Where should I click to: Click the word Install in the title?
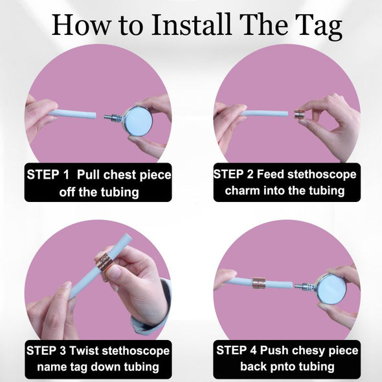click(x=191, y=25)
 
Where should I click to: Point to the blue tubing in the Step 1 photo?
click(x=73, y=115)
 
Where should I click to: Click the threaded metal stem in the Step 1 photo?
click(x=114, y=117)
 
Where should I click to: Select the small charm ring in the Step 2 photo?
click(x=299, y=115)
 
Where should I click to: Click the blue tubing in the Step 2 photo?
click(x=264, y=113)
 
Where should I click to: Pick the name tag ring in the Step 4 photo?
click(x=258, y=283)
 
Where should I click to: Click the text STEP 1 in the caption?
click(x=48, y=175)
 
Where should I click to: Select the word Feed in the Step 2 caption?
click(x=271, y=174)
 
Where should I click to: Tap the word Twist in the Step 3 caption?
click(x=84, y=350)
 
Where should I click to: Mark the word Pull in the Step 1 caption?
click(x=88, y=175)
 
